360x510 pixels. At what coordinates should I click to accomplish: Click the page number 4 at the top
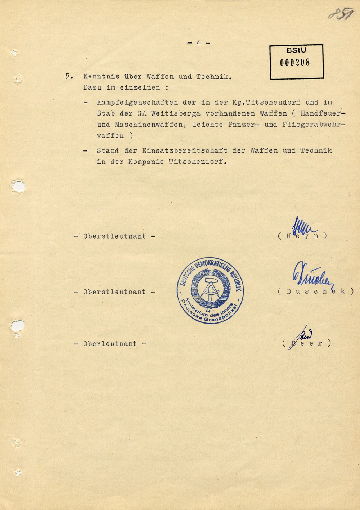pyautogui.click(x=198, y=43)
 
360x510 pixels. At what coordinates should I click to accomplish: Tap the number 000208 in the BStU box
pyautogui.click(x=295, y=62)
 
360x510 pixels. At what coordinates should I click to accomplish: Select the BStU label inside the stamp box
pyautogui.click(x=296, y=51)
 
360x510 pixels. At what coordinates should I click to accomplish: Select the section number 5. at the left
pyautogui.click(x=69, y=77)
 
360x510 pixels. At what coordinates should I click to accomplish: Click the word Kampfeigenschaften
pyautogui.click(x=138, y=103)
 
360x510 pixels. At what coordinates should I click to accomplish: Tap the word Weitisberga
pyautogui.click(x=176, y=114)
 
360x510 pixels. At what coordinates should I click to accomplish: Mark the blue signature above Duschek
pyautogui.click(x=312, y=275)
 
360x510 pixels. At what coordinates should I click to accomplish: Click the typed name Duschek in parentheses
pyautogui.click(x=316, y=292)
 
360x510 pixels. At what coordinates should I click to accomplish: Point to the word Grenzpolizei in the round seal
pyautogui.click(x=220, y=316)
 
